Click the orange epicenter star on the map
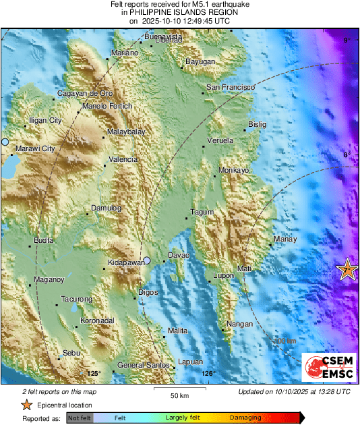click(x=347, y=270)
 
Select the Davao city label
click(x=178, y=256)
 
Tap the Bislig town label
click(x=258, y=124)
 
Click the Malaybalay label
click(x=126, y=132)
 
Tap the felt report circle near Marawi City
click(x=4, y=142)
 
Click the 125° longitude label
click(x=94, y=373)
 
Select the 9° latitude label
click(x=347, y=41)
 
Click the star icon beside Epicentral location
click(x=26, y=405)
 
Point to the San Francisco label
click(x=230, y=88)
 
